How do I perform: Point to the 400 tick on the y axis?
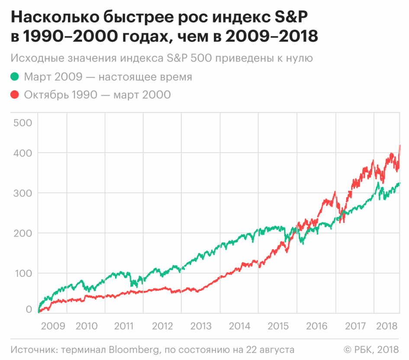(23, 153)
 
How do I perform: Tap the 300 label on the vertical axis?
(23, 193)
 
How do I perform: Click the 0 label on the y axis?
(29, 309)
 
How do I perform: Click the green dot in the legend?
(15, 77)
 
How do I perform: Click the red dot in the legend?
(15, 94)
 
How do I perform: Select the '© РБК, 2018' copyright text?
(371, 349)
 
